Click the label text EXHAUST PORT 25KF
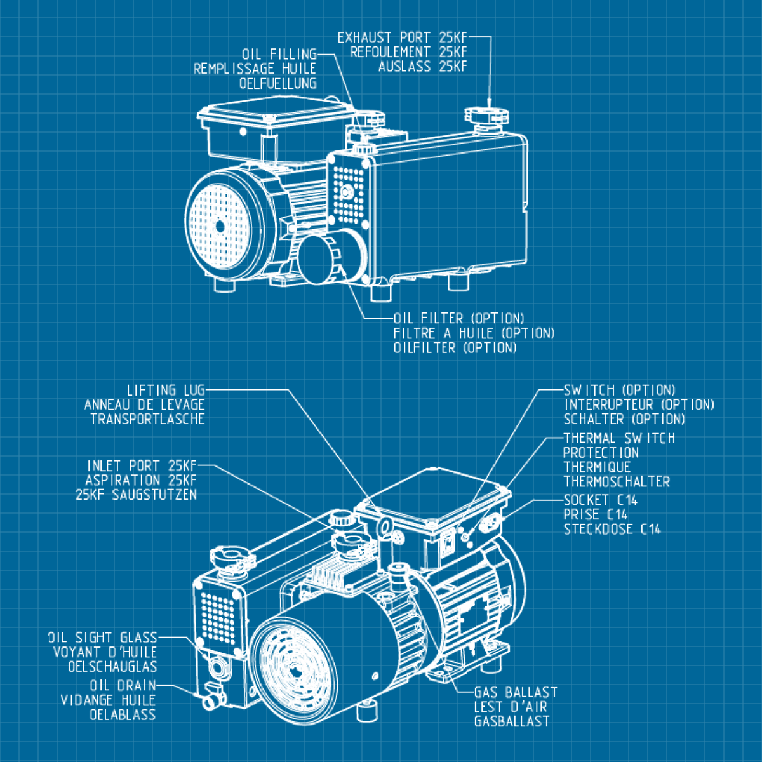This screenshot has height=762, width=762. [x=401, y=38]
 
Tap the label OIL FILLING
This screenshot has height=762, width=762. [x=279, y=54]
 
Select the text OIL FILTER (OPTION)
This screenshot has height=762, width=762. [x=458, y=318]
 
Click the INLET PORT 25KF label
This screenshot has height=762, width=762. [x=142, y=466]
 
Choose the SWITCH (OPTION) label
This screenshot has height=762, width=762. [x=619, y=390]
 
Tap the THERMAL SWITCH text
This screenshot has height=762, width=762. [x=619, y=438]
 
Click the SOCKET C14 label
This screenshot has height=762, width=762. [x=600, y=500]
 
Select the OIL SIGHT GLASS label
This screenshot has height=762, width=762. [x=102, y=638]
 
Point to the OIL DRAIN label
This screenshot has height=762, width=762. [x=123, y=686]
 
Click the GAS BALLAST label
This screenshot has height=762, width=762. [x=515, y=692]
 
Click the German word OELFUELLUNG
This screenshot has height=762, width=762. [x=277, y=83]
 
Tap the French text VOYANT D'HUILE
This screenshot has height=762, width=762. [x=105, y=652]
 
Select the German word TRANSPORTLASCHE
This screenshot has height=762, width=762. [x=147, y=419]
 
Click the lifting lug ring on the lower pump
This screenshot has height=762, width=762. [x=385, y=526]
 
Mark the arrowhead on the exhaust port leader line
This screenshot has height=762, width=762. [x=488, y=103]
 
